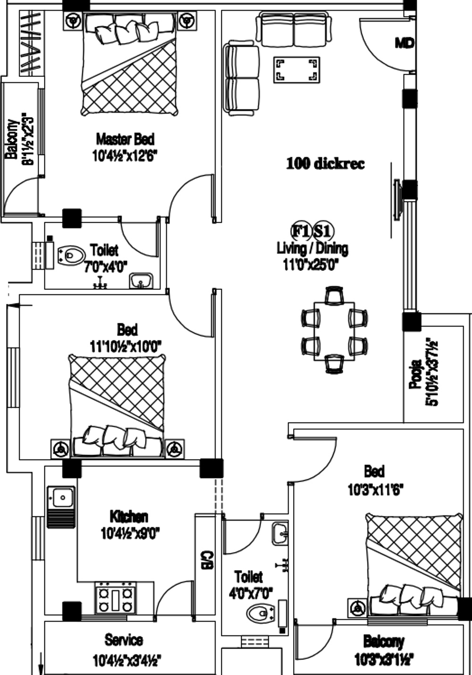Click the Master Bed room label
(125, 140)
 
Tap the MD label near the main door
(405, 43)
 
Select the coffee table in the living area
(296, 70)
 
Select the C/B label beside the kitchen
(204, 560)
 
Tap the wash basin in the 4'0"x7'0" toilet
(280, 533)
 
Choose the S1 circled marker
(323, 232)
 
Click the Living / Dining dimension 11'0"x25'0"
(311, 265)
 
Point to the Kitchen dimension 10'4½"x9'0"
(130, 534)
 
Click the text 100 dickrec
(325, 164)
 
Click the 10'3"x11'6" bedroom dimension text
(375, 490)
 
